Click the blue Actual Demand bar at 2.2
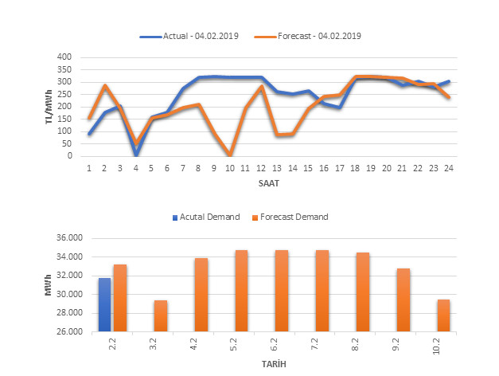[105, 304]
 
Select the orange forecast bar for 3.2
[161, 315]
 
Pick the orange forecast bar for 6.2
[282, 291]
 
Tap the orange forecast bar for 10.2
[443, 315]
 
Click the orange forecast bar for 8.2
[362, 292]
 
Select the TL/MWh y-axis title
[50, 107]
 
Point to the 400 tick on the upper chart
[64, 57]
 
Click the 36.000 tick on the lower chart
[69, 238]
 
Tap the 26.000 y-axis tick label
[69, 331]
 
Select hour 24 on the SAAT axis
[448, 167]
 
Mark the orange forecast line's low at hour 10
[230, 155]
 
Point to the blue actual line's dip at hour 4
[136, 154]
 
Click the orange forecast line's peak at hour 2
[105, 86]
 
